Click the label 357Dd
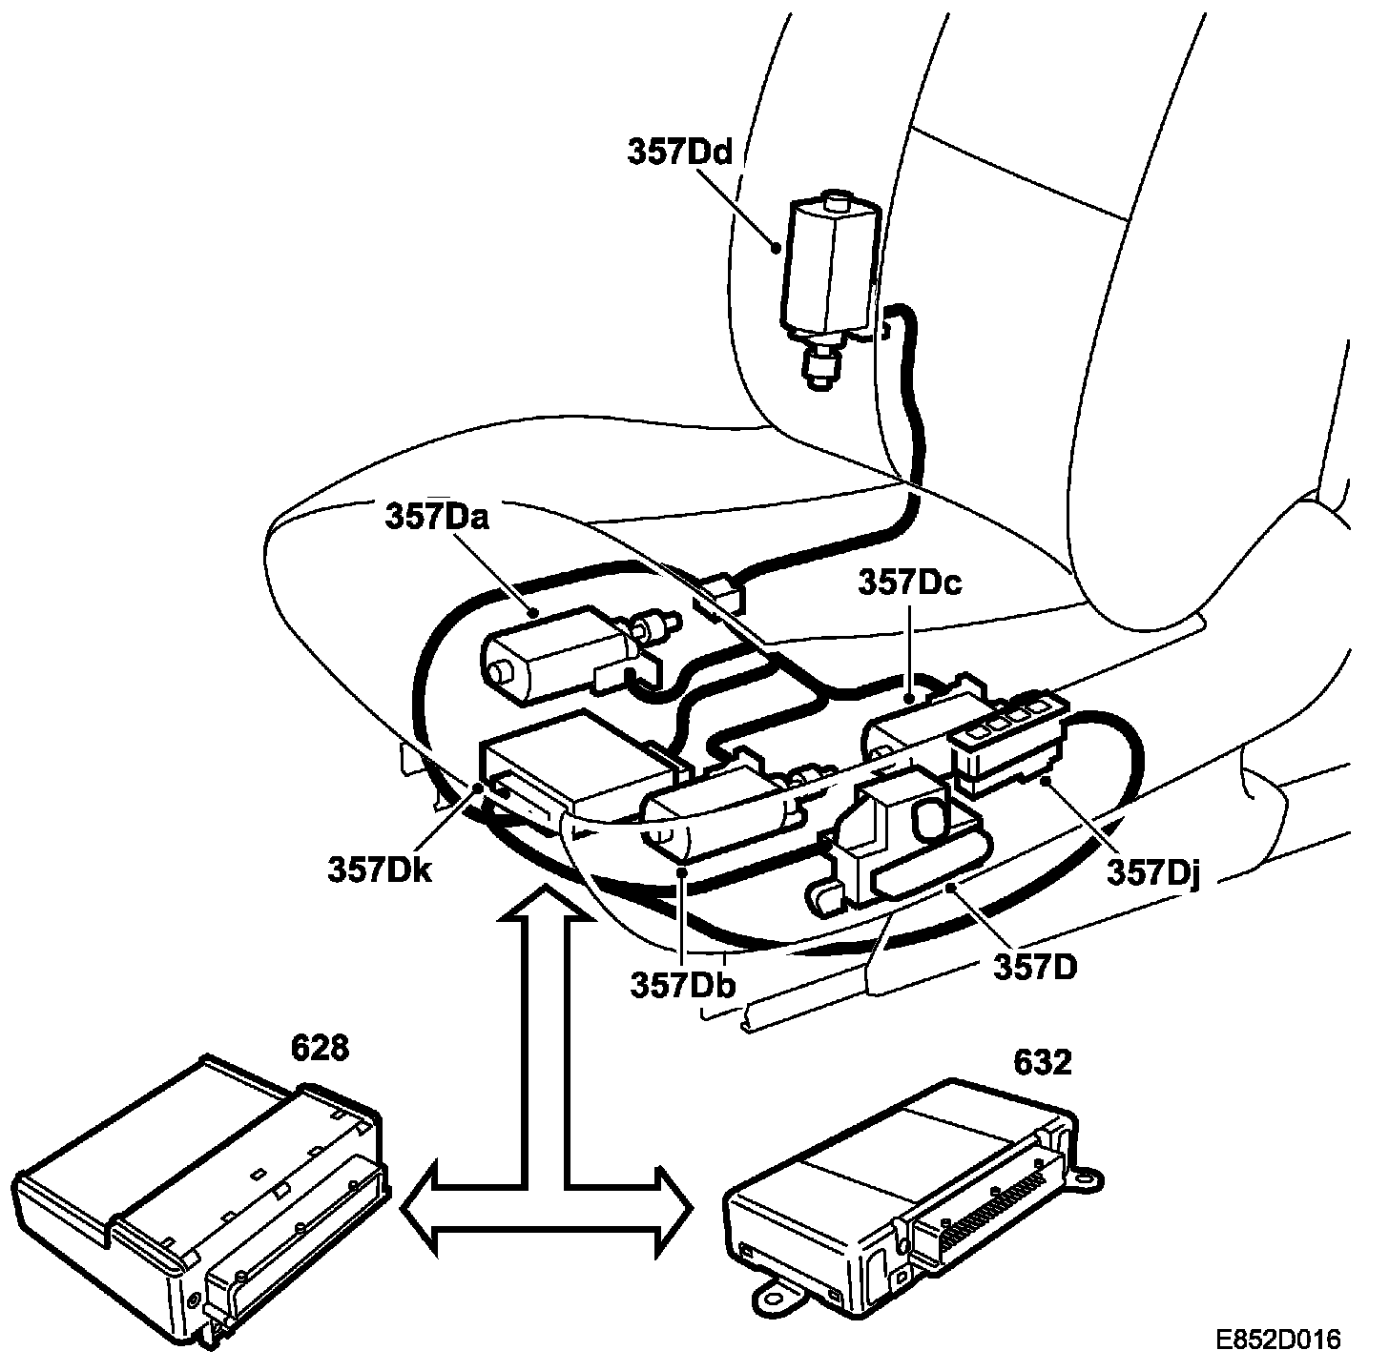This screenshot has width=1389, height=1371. point(679,152)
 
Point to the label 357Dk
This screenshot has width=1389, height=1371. point(380,869)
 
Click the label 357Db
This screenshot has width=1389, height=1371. point(681,983)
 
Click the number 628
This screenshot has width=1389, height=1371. point(320,1048)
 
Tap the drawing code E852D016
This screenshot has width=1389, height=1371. point(1277,1339)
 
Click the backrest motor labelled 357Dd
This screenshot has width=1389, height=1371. point(826,276)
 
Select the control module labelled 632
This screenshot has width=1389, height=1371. point(906,1182)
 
